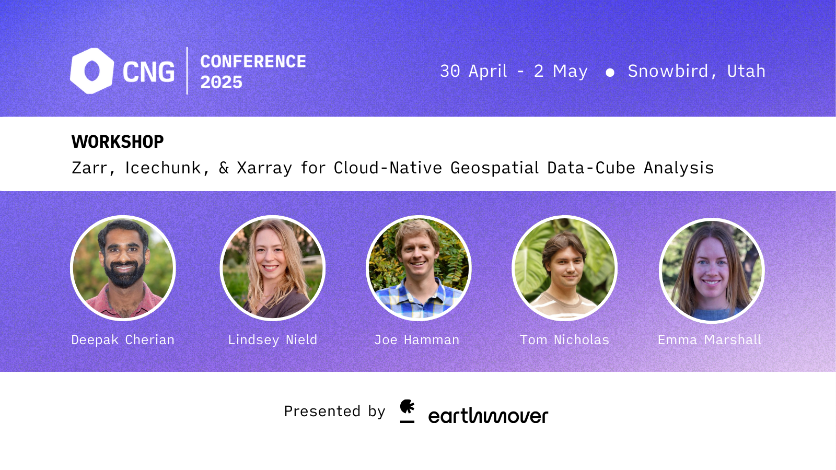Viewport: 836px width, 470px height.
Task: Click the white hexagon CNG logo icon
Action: pyautogui.click(x=92, y=71)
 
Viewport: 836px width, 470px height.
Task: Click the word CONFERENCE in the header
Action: pyautogui.click(x=253, y=62)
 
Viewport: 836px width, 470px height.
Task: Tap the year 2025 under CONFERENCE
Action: pyautogui.click(x=222, y=83)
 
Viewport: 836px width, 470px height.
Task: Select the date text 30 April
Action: pyautogui.click(x=473, y=71)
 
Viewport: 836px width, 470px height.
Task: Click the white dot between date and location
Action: pyautogui.click(x=610, y=73)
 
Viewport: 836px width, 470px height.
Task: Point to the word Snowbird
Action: pyautogui.click(x=668, y=71)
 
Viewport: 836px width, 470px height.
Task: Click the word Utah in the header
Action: pyautogui.click(x=746, y=71)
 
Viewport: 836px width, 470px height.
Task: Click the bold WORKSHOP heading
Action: pyautogui.click(x=118, y=142)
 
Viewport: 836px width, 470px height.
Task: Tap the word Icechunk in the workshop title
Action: pyautogui.click(x=163, y=168)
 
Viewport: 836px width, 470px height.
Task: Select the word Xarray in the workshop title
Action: pyautogui.click(x=264, y=168)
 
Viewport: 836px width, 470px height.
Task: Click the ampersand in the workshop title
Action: pyautogui.click(x=224, y=168)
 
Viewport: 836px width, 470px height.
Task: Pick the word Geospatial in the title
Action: pyautogui.click(x=494, y=168)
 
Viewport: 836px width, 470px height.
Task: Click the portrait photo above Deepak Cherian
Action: pyautogui.click(x=123, y=268)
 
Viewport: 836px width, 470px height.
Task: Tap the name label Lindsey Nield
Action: pyautogui.click(x=273, y=340)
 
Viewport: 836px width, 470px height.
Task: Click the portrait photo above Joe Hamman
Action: pyautogui.click(x=419, y=268)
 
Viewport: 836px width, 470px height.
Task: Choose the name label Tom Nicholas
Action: pyautogui.click(x=564, y=340)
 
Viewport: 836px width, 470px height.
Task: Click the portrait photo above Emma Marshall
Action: pyautogui.click(x=712, y=270)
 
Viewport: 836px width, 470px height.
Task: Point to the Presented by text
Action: pyautogui.click(x=334, y=412)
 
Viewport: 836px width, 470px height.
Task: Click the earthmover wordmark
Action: pyautogui.click(x=488, y=416)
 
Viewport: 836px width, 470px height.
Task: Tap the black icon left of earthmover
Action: pyautogui.click(x=407, y=411)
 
